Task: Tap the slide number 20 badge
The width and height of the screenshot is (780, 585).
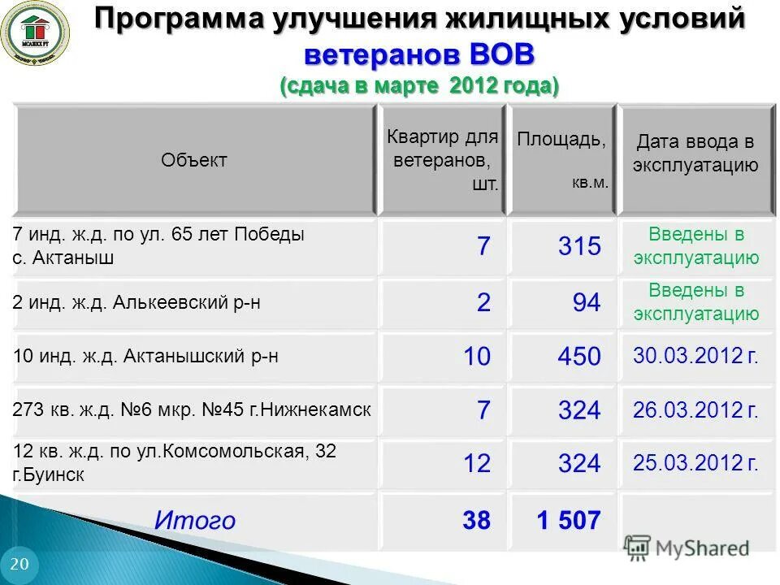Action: (19, 565)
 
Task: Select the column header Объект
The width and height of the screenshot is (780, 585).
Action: (194, 160)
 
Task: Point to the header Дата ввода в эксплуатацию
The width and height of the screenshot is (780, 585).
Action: (696, 154)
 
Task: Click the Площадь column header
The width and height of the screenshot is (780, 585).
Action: (561, 139)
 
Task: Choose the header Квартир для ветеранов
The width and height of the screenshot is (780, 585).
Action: (442, 159)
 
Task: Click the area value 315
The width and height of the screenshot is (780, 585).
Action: (579, 246)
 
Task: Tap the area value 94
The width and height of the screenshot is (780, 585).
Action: (586, 303)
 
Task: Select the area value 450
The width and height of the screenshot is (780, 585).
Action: (579, 356)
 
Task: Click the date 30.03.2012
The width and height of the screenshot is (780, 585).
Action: (695, 355)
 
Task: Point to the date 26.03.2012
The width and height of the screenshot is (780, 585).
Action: (695, 409)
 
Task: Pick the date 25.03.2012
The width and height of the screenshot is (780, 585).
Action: (695, 463)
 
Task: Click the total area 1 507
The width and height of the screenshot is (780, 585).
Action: (569, 520)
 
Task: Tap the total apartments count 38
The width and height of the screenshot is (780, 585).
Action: (476, 520)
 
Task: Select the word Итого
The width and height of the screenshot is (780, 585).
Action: (195, 520)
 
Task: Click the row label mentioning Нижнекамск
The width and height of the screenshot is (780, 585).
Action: (193, 409)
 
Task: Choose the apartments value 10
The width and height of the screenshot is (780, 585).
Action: (476, 356)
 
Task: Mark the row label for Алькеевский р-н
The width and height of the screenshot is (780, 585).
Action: (137, 303)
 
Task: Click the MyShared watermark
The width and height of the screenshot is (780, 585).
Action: (687, 548)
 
